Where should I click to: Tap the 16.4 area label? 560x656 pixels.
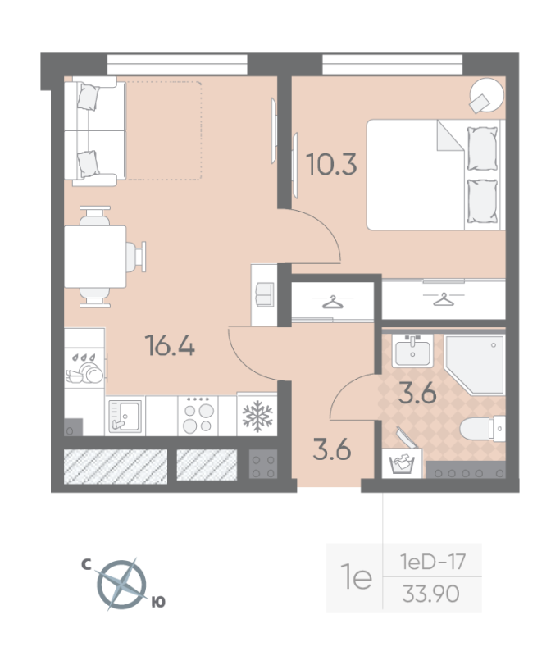click(170, 346)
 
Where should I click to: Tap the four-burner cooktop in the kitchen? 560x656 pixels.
click(199, 416)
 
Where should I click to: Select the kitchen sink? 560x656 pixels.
click(125, 416)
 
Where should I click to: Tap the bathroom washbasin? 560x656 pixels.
click(412, 352)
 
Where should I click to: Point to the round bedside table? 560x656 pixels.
click(483, 95)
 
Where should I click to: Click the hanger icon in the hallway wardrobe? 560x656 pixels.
click(333, 303)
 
